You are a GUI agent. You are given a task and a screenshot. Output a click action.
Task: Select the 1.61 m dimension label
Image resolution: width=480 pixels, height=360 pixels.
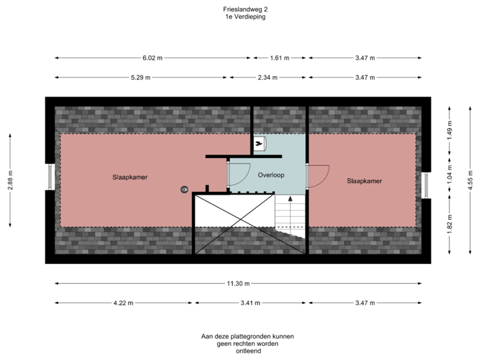pos(279,58)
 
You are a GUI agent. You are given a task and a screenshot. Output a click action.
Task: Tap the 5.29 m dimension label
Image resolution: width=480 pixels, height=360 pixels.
pos(140,78)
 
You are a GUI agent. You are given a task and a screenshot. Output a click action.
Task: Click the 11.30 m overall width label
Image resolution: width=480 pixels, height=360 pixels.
pos(234,283)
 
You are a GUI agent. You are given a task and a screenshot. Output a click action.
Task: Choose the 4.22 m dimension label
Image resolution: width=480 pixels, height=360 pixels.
pos(123,303)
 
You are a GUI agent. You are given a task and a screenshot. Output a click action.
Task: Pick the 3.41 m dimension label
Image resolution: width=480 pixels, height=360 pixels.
pos(250,303)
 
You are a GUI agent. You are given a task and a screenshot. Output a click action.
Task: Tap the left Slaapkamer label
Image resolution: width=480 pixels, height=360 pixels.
pos(129,178)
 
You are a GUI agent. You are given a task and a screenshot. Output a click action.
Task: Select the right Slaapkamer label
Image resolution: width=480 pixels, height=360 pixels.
pos(364,181)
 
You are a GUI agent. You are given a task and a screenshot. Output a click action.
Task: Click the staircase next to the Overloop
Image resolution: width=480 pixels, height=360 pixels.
pos(289,213)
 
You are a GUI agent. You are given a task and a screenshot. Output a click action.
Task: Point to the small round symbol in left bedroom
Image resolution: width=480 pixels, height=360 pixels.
pos(183,189)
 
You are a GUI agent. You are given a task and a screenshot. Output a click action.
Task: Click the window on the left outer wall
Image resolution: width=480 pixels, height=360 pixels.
pos(49,178)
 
